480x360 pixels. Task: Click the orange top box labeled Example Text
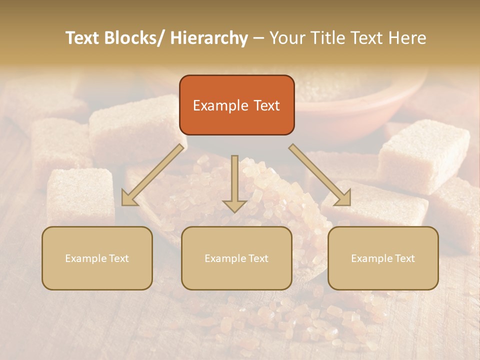click(x=236, y=105)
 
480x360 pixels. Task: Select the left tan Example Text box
click(x=97, y=258)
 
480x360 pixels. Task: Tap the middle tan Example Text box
click(x=236, y=258)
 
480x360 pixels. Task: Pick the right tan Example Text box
click(x=383, y=258)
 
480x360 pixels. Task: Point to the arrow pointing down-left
click(x=152, y=175)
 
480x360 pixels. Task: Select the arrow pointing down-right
click(x=320, y=175)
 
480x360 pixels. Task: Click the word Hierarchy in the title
click(x=209, y=38)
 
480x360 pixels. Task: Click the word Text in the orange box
click(x=266, y=105)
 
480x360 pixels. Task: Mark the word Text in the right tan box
click(x=404, y=258)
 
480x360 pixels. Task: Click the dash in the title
click(x=258, y=38)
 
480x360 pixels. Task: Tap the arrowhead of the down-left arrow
click(x=128, y=198)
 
